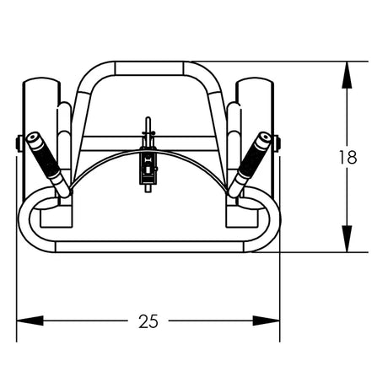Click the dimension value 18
click(347, 157)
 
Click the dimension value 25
click(148, 321)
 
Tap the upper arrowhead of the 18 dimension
click(347, 72)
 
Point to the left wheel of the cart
click(37, 110)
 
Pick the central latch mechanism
click(148, 166)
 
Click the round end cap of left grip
click(33, 137)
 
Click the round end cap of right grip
click(264, 137)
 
